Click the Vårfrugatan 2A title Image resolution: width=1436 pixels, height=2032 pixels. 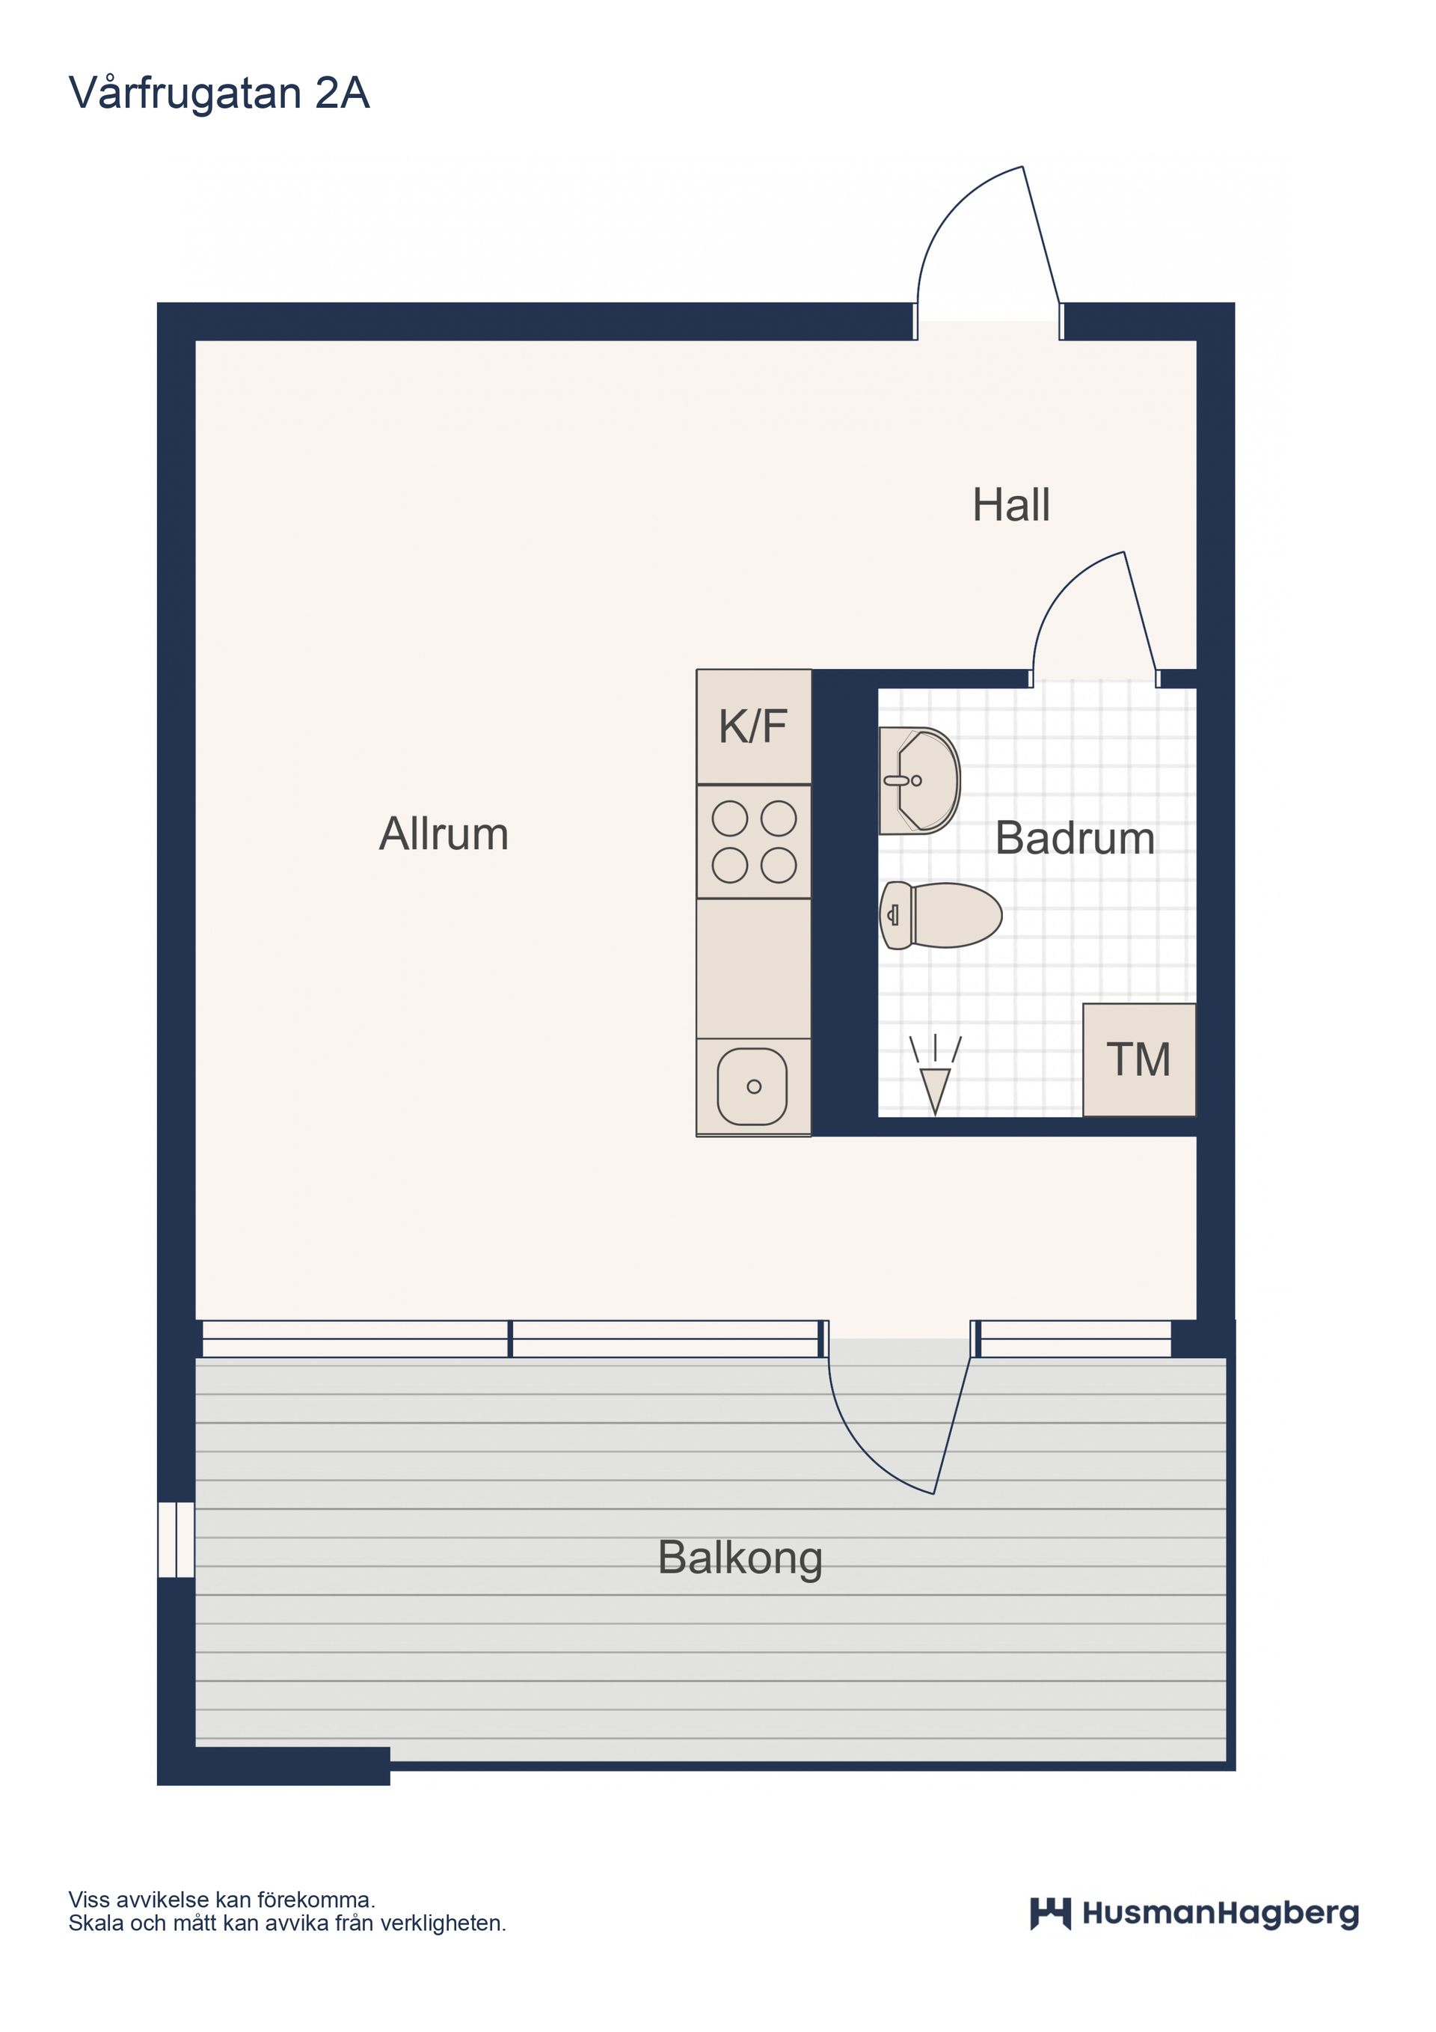218,94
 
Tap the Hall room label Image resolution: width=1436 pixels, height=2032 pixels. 1010,505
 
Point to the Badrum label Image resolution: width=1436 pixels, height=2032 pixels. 1075,838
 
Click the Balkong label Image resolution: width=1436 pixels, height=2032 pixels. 740,1558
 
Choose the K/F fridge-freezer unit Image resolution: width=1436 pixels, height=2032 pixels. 754,726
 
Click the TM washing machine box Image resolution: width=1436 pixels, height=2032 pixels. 1140,1059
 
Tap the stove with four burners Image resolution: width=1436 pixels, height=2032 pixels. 754,842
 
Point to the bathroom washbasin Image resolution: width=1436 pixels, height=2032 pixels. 919,780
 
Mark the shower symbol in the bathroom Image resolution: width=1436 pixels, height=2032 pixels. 935,1074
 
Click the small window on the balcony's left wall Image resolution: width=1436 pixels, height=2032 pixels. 176,1539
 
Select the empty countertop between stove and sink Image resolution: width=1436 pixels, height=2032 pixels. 754,968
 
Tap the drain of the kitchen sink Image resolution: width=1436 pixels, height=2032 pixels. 754,1087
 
